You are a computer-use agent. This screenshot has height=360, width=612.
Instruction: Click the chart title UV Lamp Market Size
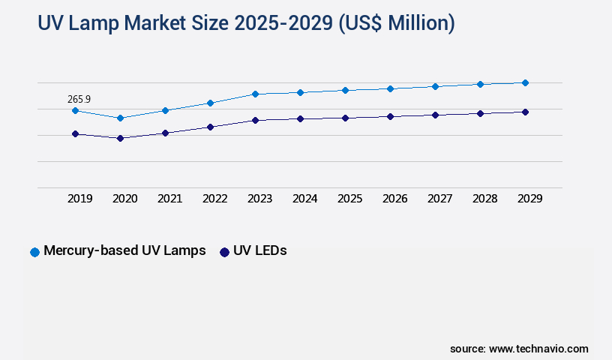click(x=246, y=23)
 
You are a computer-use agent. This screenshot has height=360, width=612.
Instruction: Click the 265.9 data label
click(x=79, y=98)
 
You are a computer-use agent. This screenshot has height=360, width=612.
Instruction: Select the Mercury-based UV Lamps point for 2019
click(x=75, y=110)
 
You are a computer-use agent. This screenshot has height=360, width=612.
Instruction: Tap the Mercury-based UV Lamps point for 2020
click(x=120, y=118)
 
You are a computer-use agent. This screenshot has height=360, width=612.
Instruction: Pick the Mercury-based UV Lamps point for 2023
click(x=255, y=94)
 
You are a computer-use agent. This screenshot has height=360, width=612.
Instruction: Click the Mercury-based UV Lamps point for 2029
click(x=525, y=82)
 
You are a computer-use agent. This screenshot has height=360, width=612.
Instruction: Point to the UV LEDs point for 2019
click(x=75, y=133)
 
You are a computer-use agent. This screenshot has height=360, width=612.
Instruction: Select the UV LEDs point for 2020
click(x=120, y=138)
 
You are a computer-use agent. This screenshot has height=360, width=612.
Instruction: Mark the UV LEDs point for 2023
click(x=255, y=120)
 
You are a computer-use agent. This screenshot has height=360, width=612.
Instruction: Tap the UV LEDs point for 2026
click(x=390, y=116)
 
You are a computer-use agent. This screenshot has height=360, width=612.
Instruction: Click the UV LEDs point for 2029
click(x=525, y=112)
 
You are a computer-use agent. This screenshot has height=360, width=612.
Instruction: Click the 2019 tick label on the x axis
click(x=80, y=199)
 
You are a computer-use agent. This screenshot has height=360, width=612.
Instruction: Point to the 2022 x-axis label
click(x=215, y=199)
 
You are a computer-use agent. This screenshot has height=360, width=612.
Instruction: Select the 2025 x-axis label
click(x=350, y=199)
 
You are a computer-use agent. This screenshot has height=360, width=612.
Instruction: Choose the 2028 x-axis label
click(x=485, y=199)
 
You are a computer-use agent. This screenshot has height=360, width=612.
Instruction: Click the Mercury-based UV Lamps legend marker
click(x=34, y=252)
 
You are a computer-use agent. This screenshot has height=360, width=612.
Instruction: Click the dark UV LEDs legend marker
click(x=224, y=252)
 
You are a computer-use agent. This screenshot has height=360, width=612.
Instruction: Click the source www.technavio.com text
click(x=519, y=349)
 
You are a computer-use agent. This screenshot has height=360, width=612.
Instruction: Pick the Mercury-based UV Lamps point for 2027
click(x=435, y=86)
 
